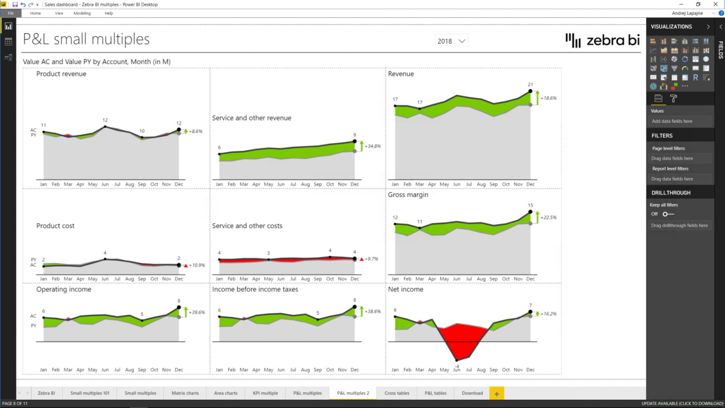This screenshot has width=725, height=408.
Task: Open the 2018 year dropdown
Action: coord(451,41)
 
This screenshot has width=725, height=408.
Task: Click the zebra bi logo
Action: coord(602,41)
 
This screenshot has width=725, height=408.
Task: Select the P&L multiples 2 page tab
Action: coord(353,393)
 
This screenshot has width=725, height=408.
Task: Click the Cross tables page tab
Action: coord(397,393)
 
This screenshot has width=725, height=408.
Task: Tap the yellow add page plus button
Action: coord(496,393)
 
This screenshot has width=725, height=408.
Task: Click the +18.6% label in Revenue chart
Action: coord(549,98)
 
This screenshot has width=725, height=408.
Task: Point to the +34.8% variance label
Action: coord(373,146)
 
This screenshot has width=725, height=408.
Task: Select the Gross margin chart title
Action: coord(408,195)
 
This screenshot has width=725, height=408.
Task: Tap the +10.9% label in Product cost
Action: coord(197,265)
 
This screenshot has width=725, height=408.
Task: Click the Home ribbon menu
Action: coord(35,13)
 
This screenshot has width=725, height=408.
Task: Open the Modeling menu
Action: coord(82,13)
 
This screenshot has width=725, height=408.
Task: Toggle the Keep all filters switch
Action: coord(668,214)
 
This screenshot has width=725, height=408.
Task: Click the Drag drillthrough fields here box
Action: coord(679,225)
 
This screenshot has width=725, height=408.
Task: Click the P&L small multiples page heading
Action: coord(87,39)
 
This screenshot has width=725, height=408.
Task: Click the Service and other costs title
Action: coord(247,226)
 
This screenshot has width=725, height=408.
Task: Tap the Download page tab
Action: coord(472,393)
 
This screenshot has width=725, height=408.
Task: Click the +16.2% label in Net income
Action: coord(549,314)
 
